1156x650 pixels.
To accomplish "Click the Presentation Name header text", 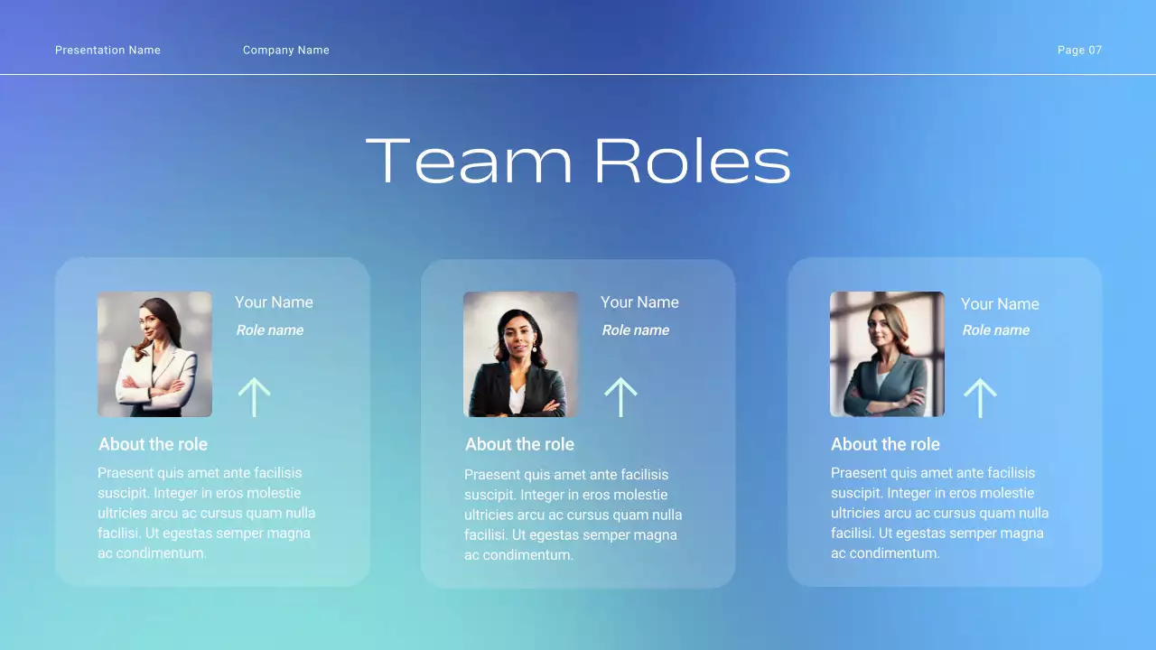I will [x=107, y=51].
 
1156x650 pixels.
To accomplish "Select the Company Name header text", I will [x=285, y=51].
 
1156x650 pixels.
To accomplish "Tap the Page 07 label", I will [x=1079, y=51].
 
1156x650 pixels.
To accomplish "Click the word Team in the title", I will [x=469, y=162].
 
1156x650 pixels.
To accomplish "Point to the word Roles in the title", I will [x=692, y=162].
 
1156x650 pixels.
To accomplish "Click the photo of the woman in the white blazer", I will [x=154, y=354].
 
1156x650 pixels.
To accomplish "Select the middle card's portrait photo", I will [x=520, y=354].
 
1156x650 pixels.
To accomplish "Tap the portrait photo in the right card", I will [x=887, y=354].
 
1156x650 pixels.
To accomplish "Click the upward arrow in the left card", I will [x=254, y=397].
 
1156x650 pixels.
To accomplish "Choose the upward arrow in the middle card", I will [x=620, y=397].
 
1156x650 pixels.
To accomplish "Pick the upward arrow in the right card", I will [x=980, y=397].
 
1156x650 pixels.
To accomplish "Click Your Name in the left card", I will [x=274, y=302].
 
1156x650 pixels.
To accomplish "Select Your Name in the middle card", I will [x=639, y=302].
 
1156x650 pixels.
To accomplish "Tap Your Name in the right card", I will [x=1000, y=304].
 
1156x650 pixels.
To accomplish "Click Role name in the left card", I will [x=269, y=330].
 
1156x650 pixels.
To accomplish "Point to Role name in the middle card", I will [x=635, y=330].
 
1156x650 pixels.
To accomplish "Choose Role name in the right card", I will [x=995, y=330].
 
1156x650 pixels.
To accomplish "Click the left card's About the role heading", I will [x=153, y=444].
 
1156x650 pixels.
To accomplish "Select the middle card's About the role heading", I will [x=519, y=444].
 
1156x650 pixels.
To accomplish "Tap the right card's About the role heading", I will [x=885, y=444].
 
